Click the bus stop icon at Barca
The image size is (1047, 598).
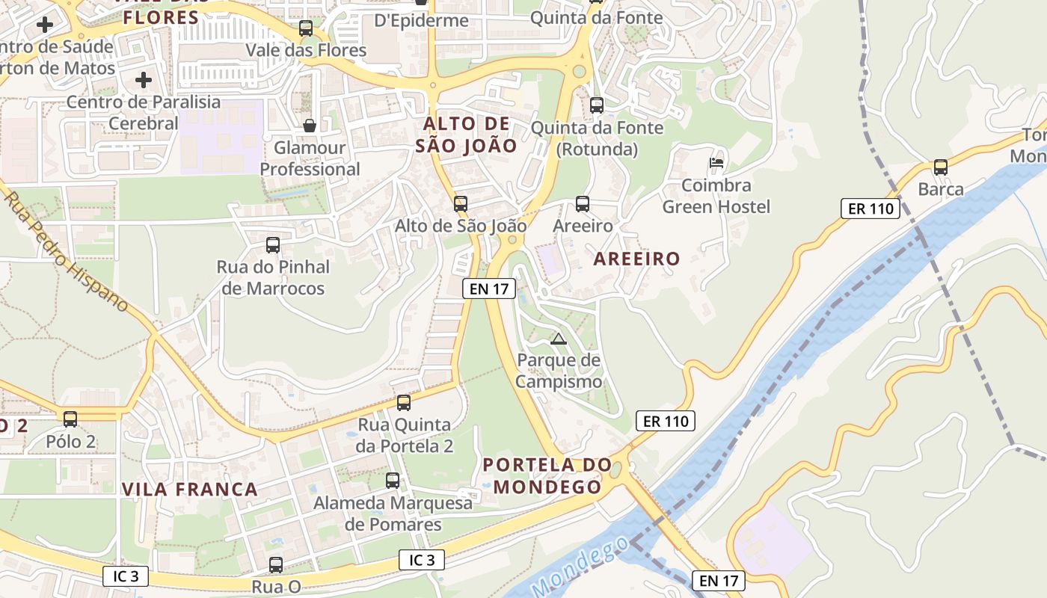click(x=941, y=167)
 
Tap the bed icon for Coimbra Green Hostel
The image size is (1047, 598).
click(x=716, y=162)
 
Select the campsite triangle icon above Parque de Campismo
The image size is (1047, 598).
click(x=559, y=339)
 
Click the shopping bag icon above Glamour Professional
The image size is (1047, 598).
click(x=310, y=126)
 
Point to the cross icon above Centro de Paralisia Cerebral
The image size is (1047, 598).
click(x=144, y=79)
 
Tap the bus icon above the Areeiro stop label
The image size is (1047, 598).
click(x=583, y=203)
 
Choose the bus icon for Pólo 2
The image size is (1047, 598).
click(x=70, y=419)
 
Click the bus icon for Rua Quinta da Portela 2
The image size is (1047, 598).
click(x=404, y=403)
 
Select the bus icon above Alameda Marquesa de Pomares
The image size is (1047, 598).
click(x=393, y=481)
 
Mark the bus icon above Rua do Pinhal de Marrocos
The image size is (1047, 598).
click(x=273, y=244)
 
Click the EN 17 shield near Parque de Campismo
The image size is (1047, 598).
click(x=489, y=289)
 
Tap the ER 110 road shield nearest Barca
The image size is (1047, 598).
click(x=871, y=209)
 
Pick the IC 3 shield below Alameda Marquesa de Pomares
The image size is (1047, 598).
click(x=422, y=560)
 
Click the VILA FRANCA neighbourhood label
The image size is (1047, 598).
click(x=189, y=490)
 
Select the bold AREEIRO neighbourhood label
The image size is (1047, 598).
click(x=636, y=259)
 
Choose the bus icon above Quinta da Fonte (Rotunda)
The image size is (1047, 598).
click(x=596, y=105)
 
